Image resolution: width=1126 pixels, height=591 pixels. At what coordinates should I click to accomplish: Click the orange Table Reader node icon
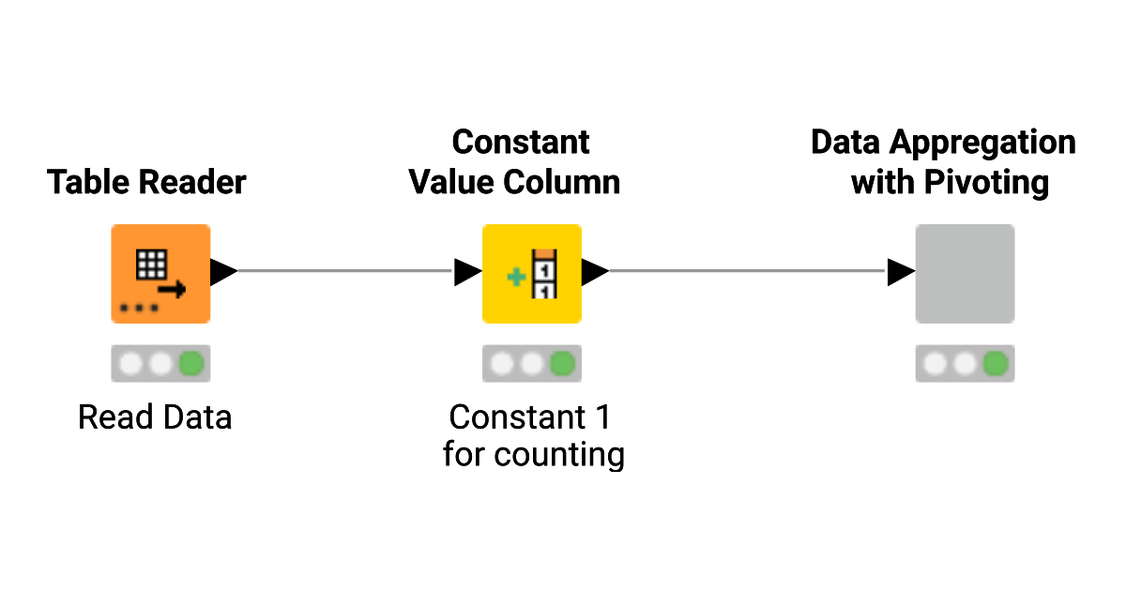tap(160, 274)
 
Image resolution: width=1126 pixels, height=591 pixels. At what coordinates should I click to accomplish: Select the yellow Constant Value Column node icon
tap(532, 274)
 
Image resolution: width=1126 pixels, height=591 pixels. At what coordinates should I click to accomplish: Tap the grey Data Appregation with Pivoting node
tap(965, 274)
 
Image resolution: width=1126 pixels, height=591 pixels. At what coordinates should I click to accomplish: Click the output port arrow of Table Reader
tap(223, 273)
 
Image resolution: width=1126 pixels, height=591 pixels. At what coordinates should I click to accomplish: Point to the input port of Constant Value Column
tap(467, 273)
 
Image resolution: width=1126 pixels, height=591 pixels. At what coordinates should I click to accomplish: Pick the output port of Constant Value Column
tap(595, 273)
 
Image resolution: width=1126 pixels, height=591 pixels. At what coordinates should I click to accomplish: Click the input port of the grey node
tap(901, 273)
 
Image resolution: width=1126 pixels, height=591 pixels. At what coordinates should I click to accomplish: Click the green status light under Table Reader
tap(191, 363)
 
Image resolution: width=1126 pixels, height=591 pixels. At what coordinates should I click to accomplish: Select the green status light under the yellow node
tap(563, 363)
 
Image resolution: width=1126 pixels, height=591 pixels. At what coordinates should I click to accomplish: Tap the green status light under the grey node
tap(996, 363)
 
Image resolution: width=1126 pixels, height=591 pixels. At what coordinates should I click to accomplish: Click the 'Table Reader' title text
tap(146, 182)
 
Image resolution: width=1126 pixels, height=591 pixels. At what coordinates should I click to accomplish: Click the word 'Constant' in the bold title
tap(521, 143)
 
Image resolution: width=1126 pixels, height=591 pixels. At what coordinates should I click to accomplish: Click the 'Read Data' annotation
tap(155, 417)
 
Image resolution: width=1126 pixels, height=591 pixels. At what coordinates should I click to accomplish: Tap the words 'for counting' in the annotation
tap(533, 455)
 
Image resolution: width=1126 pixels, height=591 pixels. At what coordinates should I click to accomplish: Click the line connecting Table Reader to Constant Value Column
tap(345, 272)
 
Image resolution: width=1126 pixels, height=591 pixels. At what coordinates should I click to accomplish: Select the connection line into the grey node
tap(746, 272)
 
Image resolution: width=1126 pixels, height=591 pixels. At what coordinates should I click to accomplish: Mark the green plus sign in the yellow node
tap(514, 278)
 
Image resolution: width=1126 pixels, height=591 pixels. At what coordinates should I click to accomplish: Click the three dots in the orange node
tap(139, 308)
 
